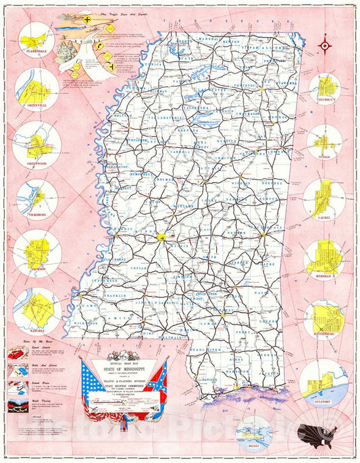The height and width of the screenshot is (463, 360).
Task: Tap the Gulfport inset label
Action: click(324, 389)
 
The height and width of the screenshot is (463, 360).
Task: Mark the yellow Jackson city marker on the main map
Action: click(163, 237)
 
